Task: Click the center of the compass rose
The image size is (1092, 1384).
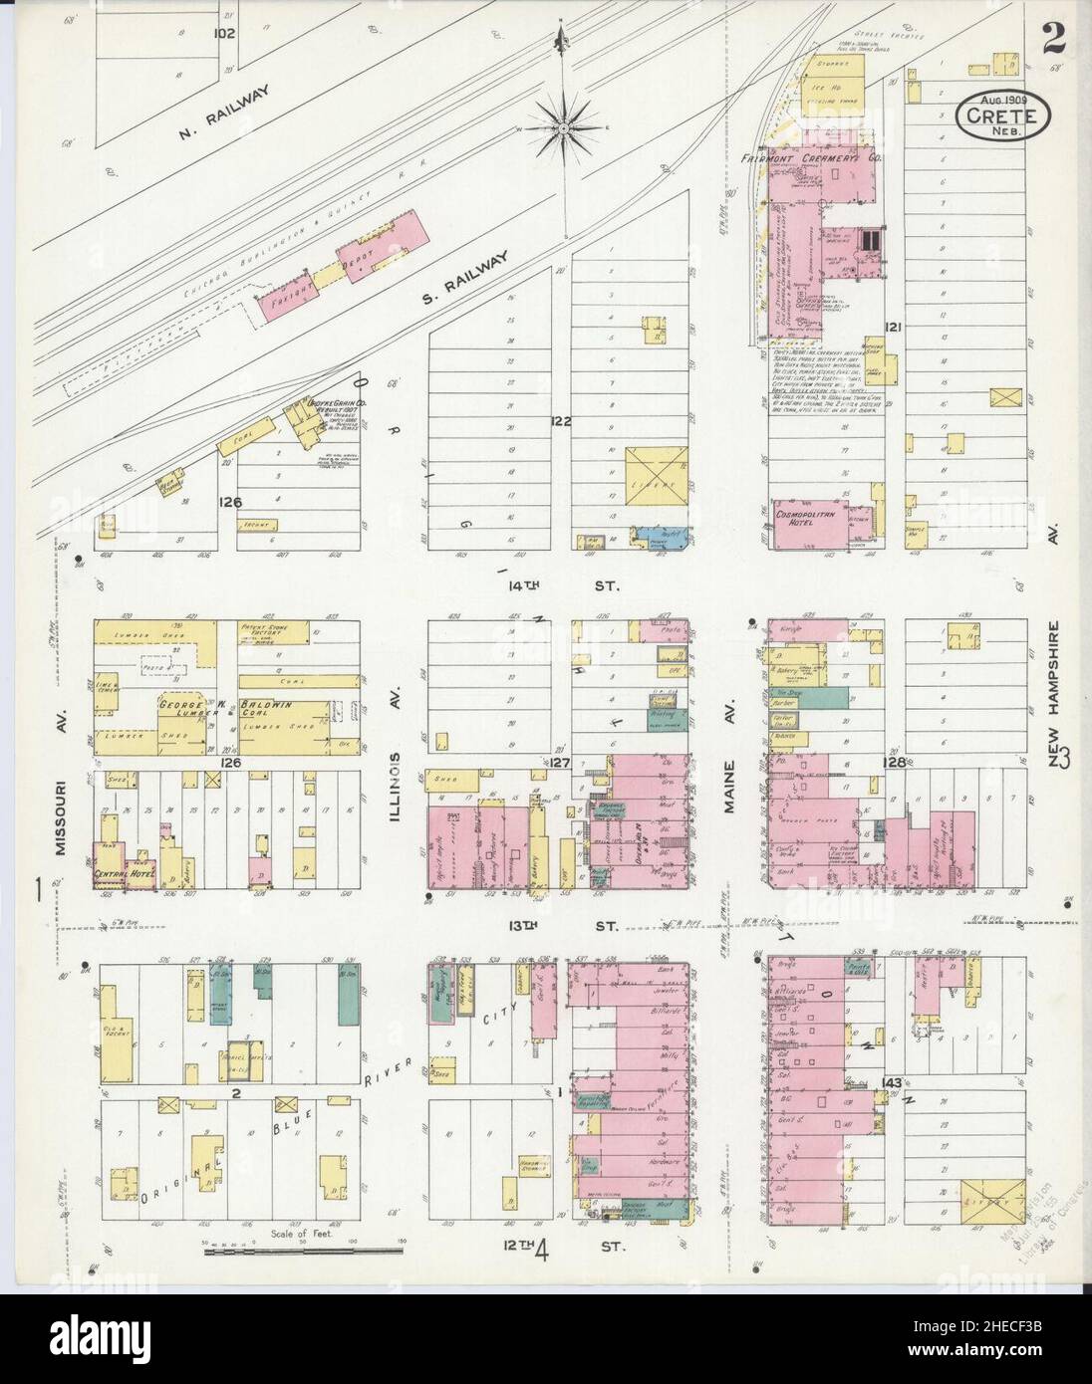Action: click(564, 127)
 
